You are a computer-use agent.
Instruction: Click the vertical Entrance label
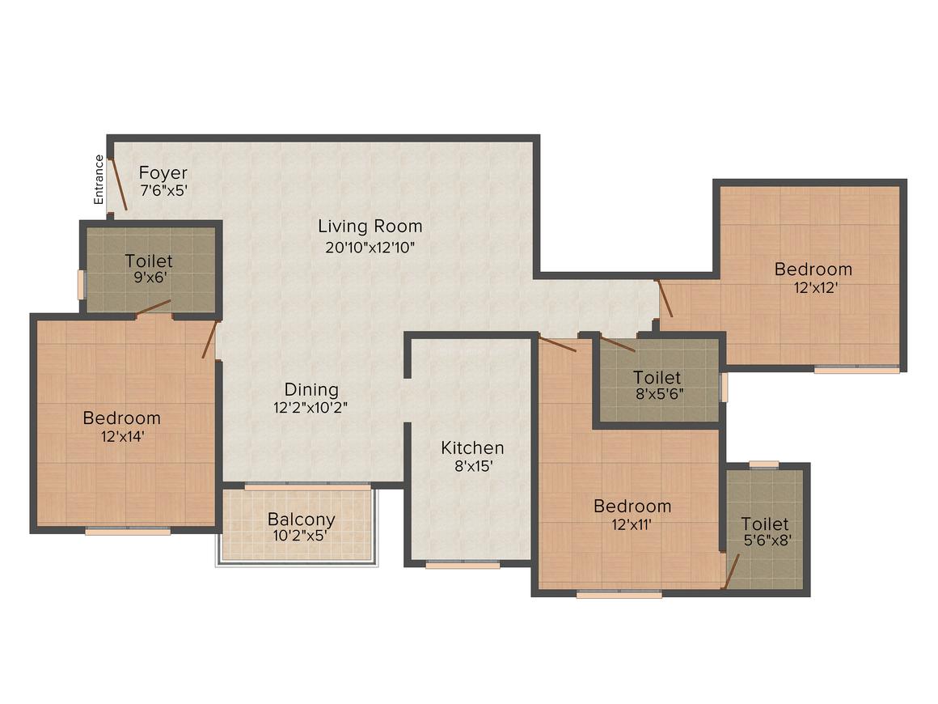pyautogui.click(x=99, y=179)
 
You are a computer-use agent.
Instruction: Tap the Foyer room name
pyautogui.click(x=163, y=173)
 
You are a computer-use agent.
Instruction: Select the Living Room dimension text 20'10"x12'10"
pyautogui.click(x=370, y=248)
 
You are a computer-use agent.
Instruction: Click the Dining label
pyautogui.click(x=311, y=390)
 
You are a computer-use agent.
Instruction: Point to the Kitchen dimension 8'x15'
pyautogui.click(x=472, y=466)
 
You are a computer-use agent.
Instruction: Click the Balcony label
pyautogui.click(x=302, y=520)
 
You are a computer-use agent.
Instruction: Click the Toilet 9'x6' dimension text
pyautogui.click(x=149, y=278)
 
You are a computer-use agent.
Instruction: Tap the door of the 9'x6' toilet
pyautogui.click(x=154, y=307)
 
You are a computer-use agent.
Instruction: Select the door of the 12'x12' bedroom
pyautogui.click(x=665, y=298)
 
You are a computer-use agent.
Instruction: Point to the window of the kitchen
pyautogui.click(x=463, y=565)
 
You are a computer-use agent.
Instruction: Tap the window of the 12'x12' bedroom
pyautogui.click(x=856, y=370)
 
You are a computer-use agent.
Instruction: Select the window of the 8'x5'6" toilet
pyautogui.click(x=724, y=387)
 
